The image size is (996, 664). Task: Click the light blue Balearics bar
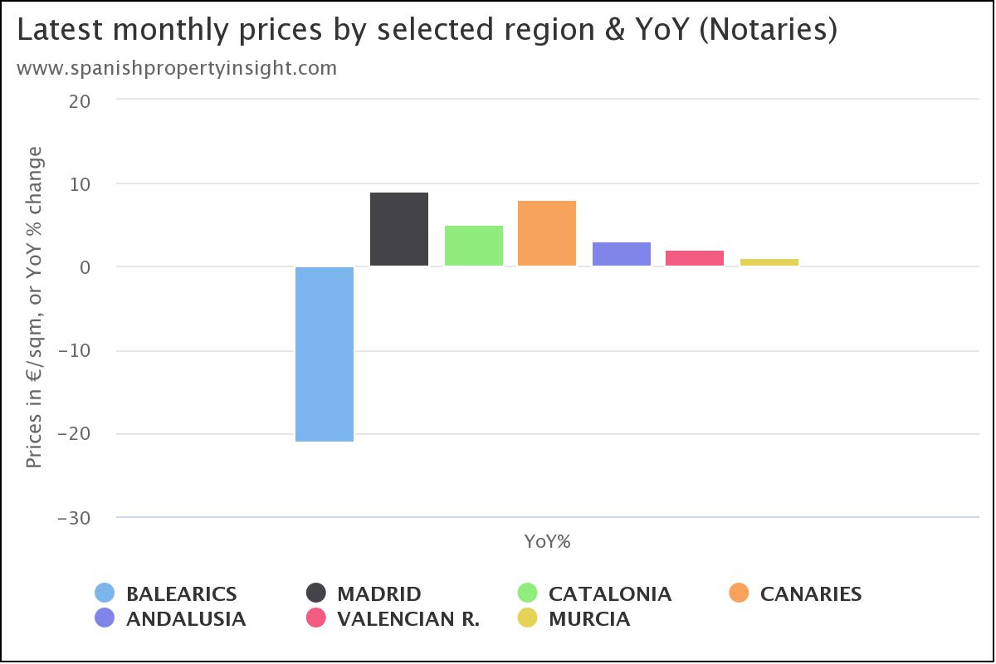(x=325, y=354)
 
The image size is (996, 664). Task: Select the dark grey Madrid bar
(x=399, y=229)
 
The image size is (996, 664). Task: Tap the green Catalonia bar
(x=474, y=246)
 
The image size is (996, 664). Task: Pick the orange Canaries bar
(x=547, y=233)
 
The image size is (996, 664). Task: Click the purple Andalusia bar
(x=622, y=254)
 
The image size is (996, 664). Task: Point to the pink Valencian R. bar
(x=695, y=258)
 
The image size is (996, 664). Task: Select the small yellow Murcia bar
(x=769, y=262)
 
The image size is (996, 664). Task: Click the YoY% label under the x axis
(x=548, y=542)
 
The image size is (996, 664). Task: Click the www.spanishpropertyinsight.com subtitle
(x=177, y=68)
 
